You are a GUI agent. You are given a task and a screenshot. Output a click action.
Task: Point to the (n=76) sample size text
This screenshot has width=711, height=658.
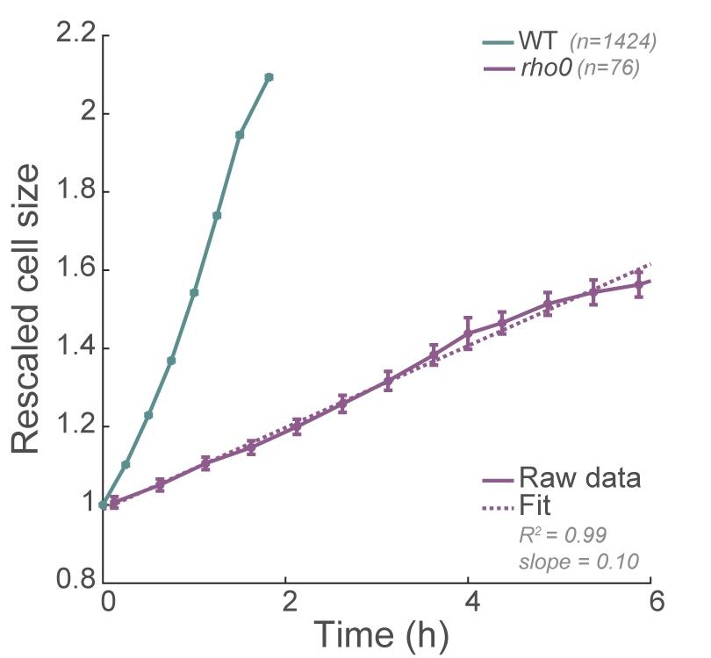pos(607,69)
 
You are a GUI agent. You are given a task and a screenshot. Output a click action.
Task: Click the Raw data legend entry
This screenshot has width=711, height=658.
pos(578,479)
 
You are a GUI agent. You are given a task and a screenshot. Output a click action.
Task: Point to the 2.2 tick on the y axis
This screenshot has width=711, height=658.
pos(75,36)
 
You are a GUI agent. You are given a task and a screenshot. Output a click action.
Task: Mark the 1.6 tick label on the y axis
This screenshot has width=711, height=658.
pos(75,270)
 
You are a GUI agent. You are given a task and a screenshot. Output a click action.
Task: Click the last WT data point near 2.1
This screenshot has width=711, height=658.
pos(269,77)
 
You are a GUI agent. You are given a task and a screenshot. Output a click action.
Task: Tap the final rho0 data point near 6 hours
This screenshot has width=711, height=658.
pos(638,283)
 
